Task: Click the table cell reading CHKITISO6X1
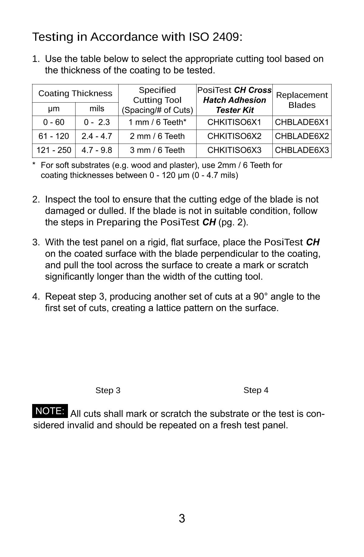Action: [234, 122]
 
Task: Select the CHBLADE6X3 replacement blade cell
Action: [302, 150]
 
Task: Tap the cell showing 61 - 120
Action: [54, 136]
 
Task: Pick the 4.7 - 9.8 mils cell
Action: [97, 150]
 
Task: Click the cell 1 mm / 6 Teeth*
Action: [157, 122]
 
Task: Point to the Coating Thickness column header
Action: [75, 93]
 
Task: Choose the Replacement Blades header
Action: [302, 100]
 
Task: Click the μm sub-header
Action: [54, 109]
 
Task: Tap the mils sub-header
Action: [97, 109]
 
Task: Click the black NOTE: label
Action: [50, 411]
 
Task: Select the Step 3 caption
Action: [108, 390]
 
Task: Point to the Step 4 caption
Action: [256, 390]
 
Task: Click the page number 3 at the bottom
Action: [182, 518]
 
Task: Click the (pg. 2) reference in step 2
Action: [233, 222]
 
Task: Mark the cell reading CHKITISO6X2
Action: [234, 136]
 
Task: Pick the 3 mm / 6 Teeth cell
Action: [157, 150]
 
